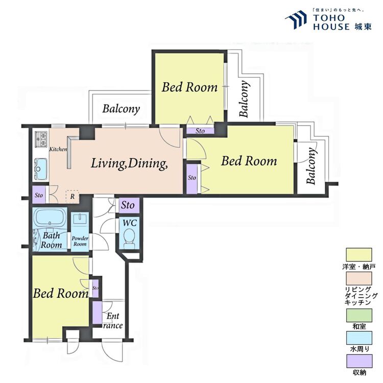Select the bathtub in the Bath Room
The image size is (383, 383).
click(x=50, y=217)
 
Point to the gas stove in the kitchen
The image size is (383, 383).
click(x=41, y=139)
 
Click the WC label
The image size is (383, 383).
click(x=130, y=223)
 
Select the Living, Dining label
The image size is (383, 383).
click(x=129, y=163)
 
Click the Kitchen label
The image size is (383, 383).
click(x=58, y=149)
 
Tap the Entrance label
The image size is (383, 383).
click(x=112, y=321)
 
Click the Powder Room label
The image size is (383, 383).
click(x=80, y=241)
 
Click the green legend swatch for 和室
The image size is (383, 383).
click(x=360, y=316)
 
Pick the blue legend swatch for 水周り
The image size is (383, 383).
click(x=360, y=338)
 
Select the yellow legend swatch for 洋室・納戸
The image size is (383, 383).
click(x=359, y=255)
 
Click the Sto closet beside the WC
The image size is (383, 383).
click(x=129, y=205)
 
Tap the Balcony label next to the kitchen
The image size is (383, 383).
click(x=121, y=109)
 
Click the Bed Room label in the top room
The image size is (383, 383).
click(x=189, y=87)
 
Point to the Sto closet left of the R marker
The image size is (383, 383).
click(x=39, y=195)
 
